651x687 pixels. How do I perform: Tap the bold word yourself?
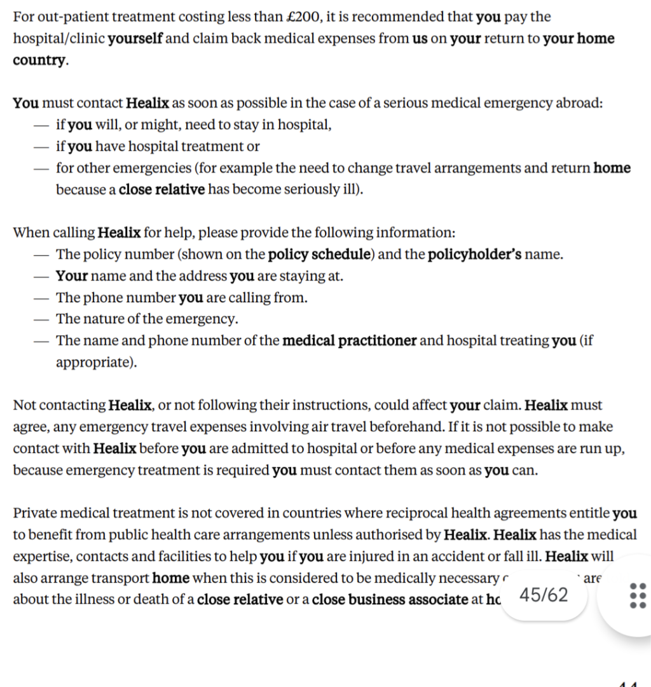coord(135,38)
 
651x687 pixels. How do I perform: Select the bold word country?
coord(39,60)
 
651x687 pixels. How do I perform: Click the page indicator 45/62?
coord(544,595)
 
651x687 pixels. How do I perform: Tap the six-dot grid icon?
coord(637,595)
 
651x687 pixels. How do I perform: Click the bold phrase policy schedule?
coord(319,254)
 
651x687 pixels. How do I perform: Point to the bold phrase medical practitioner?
coord(350,340)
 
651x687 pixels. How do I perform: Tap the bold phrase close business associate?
coord(390,599)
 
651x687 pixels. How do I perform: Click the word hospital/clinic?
coord(58,38)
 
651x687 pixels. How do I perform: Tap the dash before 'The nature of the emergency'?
coord(41,319)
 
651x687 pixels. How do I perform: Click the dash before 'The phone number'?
coord(41,298)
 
